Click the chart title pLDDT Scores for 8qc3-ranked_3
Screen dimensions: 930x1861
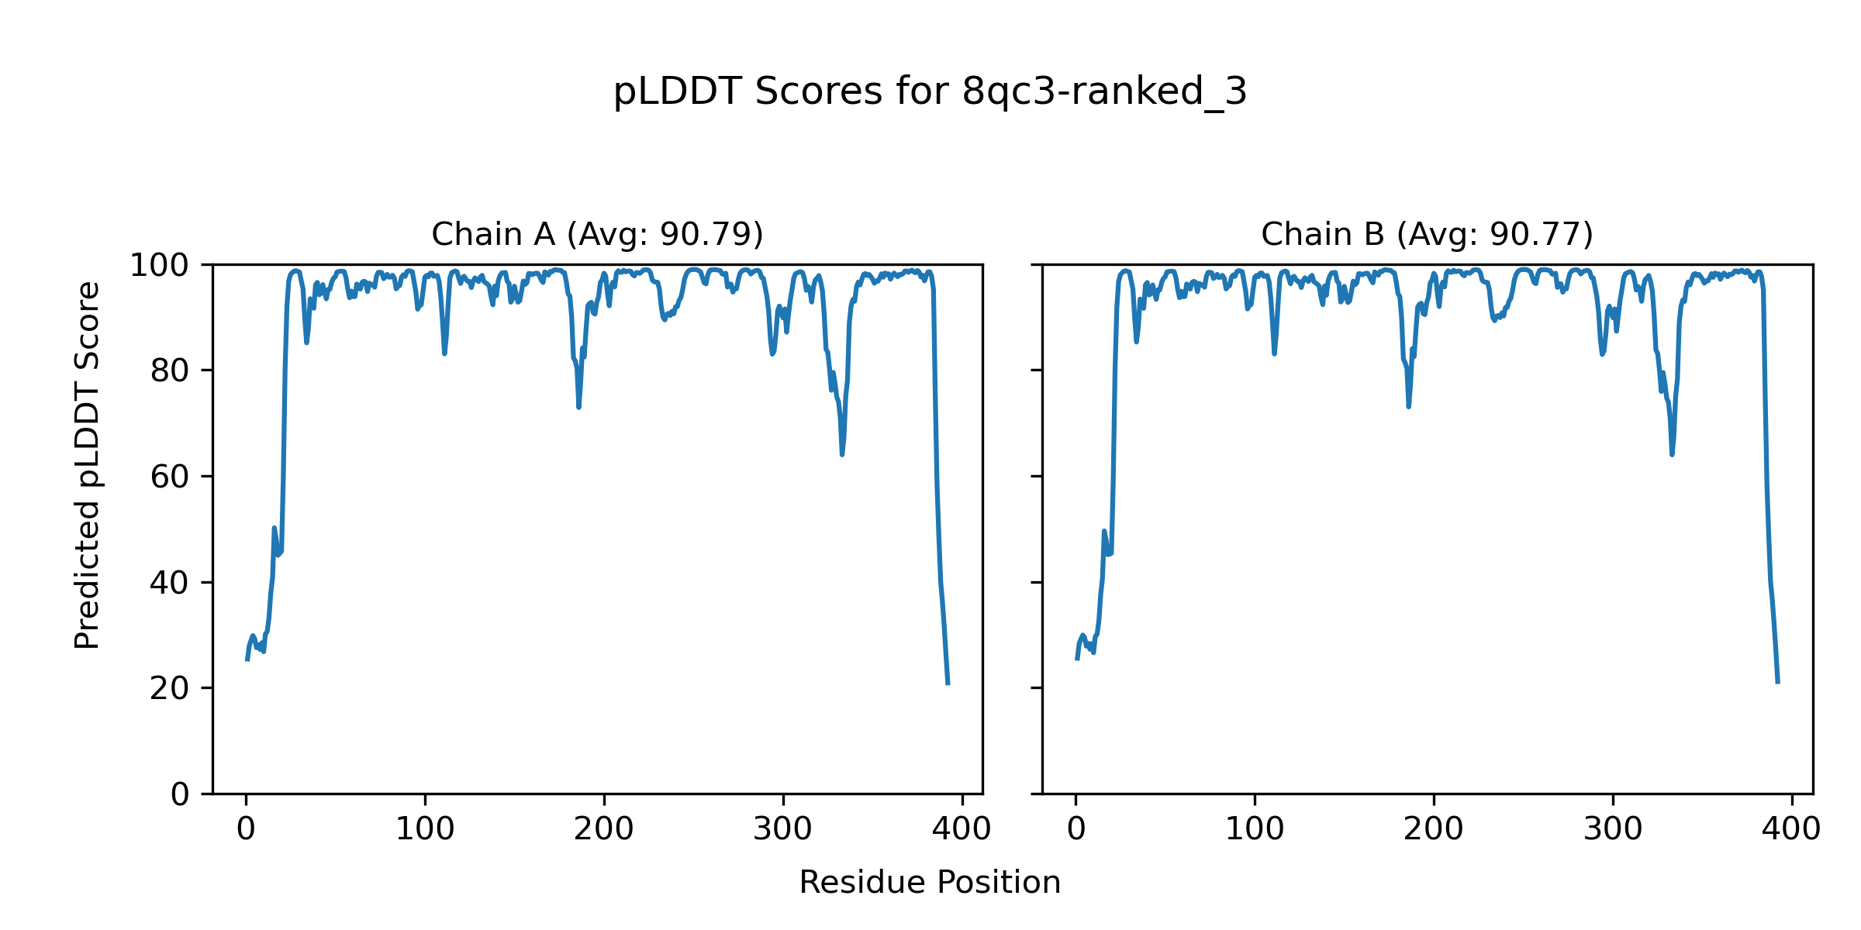point(930,91)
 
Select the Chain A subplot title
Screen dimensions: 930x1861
point(597,234)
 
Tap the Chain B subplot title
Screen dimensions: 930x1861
point(1427,234)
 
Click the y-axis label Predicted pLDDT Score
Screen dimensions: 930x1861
point(88,465)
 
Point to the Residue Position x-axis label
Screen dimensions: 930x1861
point(930,882)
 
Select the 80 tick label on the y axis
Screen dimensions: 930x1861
point(170,371)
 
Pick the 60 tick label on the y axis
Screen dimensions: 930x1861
point(170,477)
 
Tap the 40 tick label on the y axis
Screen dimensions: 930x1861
point(170,583)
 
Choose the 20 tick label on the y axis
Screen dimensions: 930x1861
point(170,688)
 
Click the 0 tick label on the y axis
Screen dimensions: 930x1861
point(180,794)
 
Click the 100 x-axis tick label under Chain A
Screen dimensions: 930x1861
point(425,829)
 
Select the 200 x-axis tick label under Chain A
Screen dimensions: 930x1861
point(604,829)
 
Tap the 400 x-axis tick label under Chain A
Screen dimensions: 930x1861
point(962,829)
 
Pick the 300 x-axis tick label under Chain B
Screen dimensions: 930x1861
point(1613,829)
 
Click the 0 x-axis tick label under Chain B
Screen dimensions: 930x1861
point(1076,829)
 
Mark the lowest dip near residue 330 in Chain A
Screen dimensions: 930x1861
point(842,454)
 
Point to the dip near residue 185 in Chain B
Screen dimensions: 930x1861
point(1408,406)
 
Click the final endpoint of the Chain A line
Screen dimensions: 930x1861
point(948,684)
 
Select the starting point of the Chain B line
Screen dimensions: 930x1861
point(1076,659)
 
